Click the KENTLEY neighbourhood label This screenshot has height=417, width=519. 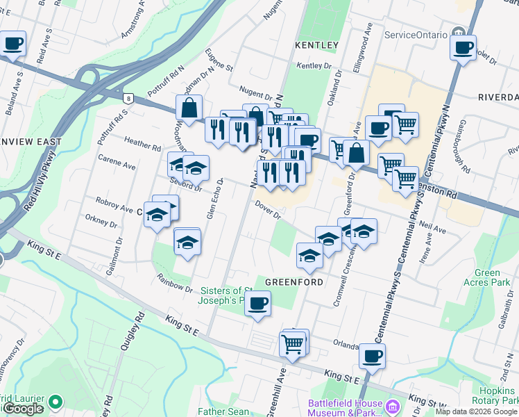point(316,45)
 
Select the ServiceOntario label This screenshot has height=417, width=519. point(413,35)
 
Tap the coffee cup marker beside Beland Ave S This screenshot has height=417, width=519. point(12,44)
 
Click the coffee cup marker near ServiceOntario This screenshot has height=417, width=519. point(463,49)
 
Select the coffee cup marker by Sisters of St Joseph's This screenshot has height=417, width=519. point(258,304)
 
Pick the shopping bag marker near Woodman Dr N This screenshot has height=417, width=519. point(189,109)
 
